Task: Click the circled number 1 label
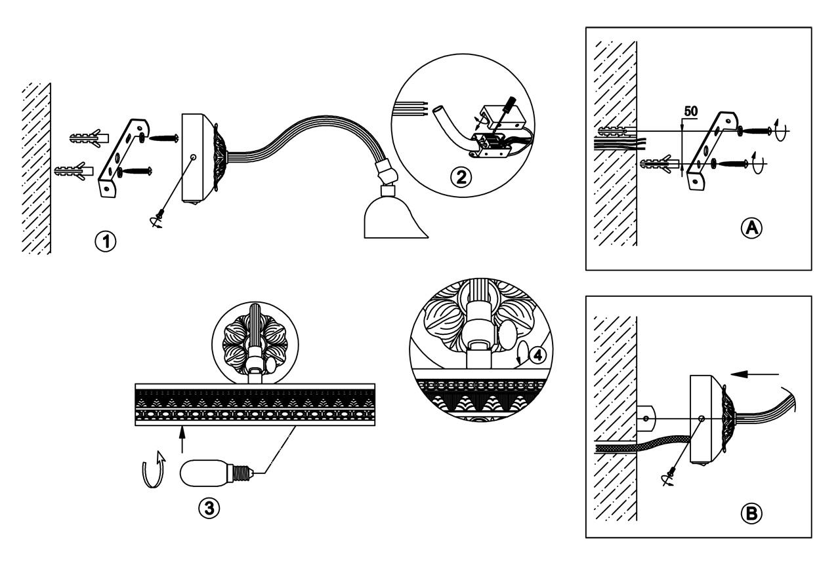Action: (104, 241)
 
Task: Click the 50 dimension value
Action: (691, 111)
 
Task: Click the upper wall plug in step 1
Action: (85, 138)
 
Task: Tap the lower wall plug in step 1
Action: (73, 172)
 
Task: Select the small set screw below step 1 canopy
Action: (158, 221)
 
